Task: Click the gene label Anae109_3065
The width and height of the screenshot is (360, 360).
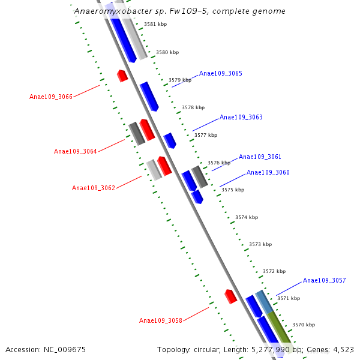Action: coord(221,74)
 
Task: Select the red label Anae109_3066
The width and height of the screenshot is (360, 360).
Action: coord(51,97)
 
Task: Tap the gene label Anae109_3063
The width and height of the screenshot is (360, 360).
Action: coord(241,118)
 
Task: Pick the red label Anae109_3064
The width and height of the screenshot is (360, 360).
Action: coord(76,152)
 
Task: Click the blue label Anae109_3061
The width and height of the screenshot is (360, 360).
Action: coord(260,157)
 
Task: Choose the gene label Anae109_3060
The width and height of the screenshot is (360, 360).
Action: coord(268,173)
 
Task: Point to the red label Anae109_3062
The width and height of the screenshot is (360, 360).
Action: coord(94,188)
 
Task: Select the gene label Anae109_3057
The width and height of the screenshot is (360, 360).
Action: coord(324,281)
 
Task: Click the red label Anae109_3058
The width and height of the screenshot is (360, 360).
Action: coord(161,321)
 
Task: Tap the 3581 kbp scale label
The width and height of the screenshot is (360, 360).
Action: coord(155,25)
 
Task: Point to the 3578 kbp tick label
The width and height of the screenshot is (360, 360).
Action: coord(193,108)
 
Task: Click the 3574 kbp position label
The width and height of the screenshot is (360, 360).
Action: coord(247,217)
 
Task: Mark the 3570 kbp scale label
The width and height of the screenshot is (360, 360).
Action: coord(304,325)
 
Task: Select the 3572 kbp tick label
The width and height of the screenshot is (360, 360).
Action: coord(274,272)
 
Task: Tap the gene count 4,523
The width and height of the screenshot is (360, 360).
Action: coord(343,349)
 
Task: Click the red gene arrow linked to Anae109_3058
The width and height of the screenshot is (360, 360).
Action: coord(230,296)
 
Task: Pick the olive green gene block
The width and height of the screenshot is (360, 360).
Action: coord(279,326)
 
